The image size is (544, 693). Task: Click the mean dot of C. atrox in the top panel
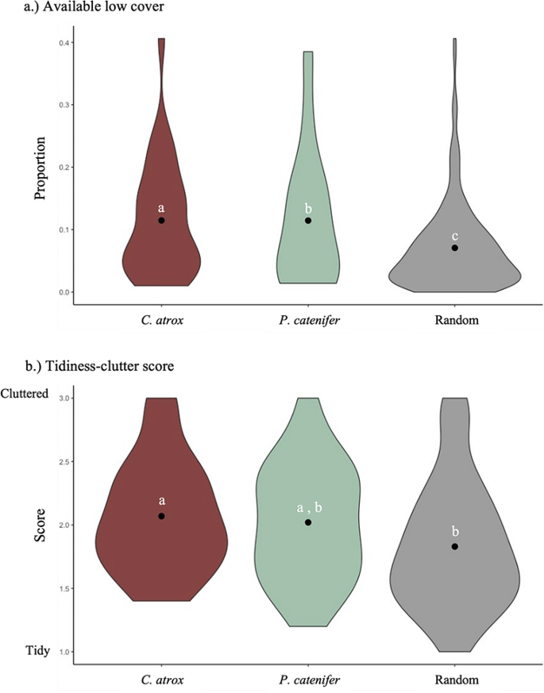coord(161,220)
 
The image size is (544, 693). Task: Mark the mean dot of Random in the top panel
coord(455,248)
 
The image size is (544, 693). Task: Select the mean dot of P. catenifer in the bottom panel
coord(308,522)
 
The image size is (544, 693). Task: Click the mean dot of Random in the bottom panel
coord(455,546)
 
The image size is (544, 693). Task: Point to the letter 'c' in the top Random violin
coord(455,236)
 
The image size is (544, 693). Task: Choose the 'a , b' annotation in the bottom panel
coord(308,508)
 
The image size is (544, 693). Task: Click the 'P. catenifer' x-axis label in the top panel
coord(308,321)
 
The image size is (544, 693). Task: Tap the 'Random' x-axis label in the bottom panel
coord(455,680)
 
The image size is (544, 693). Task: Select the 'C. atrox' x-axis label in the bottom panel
coord(161,680)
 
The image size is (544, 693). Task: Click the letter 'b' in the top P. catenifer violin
coord(308,208)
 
